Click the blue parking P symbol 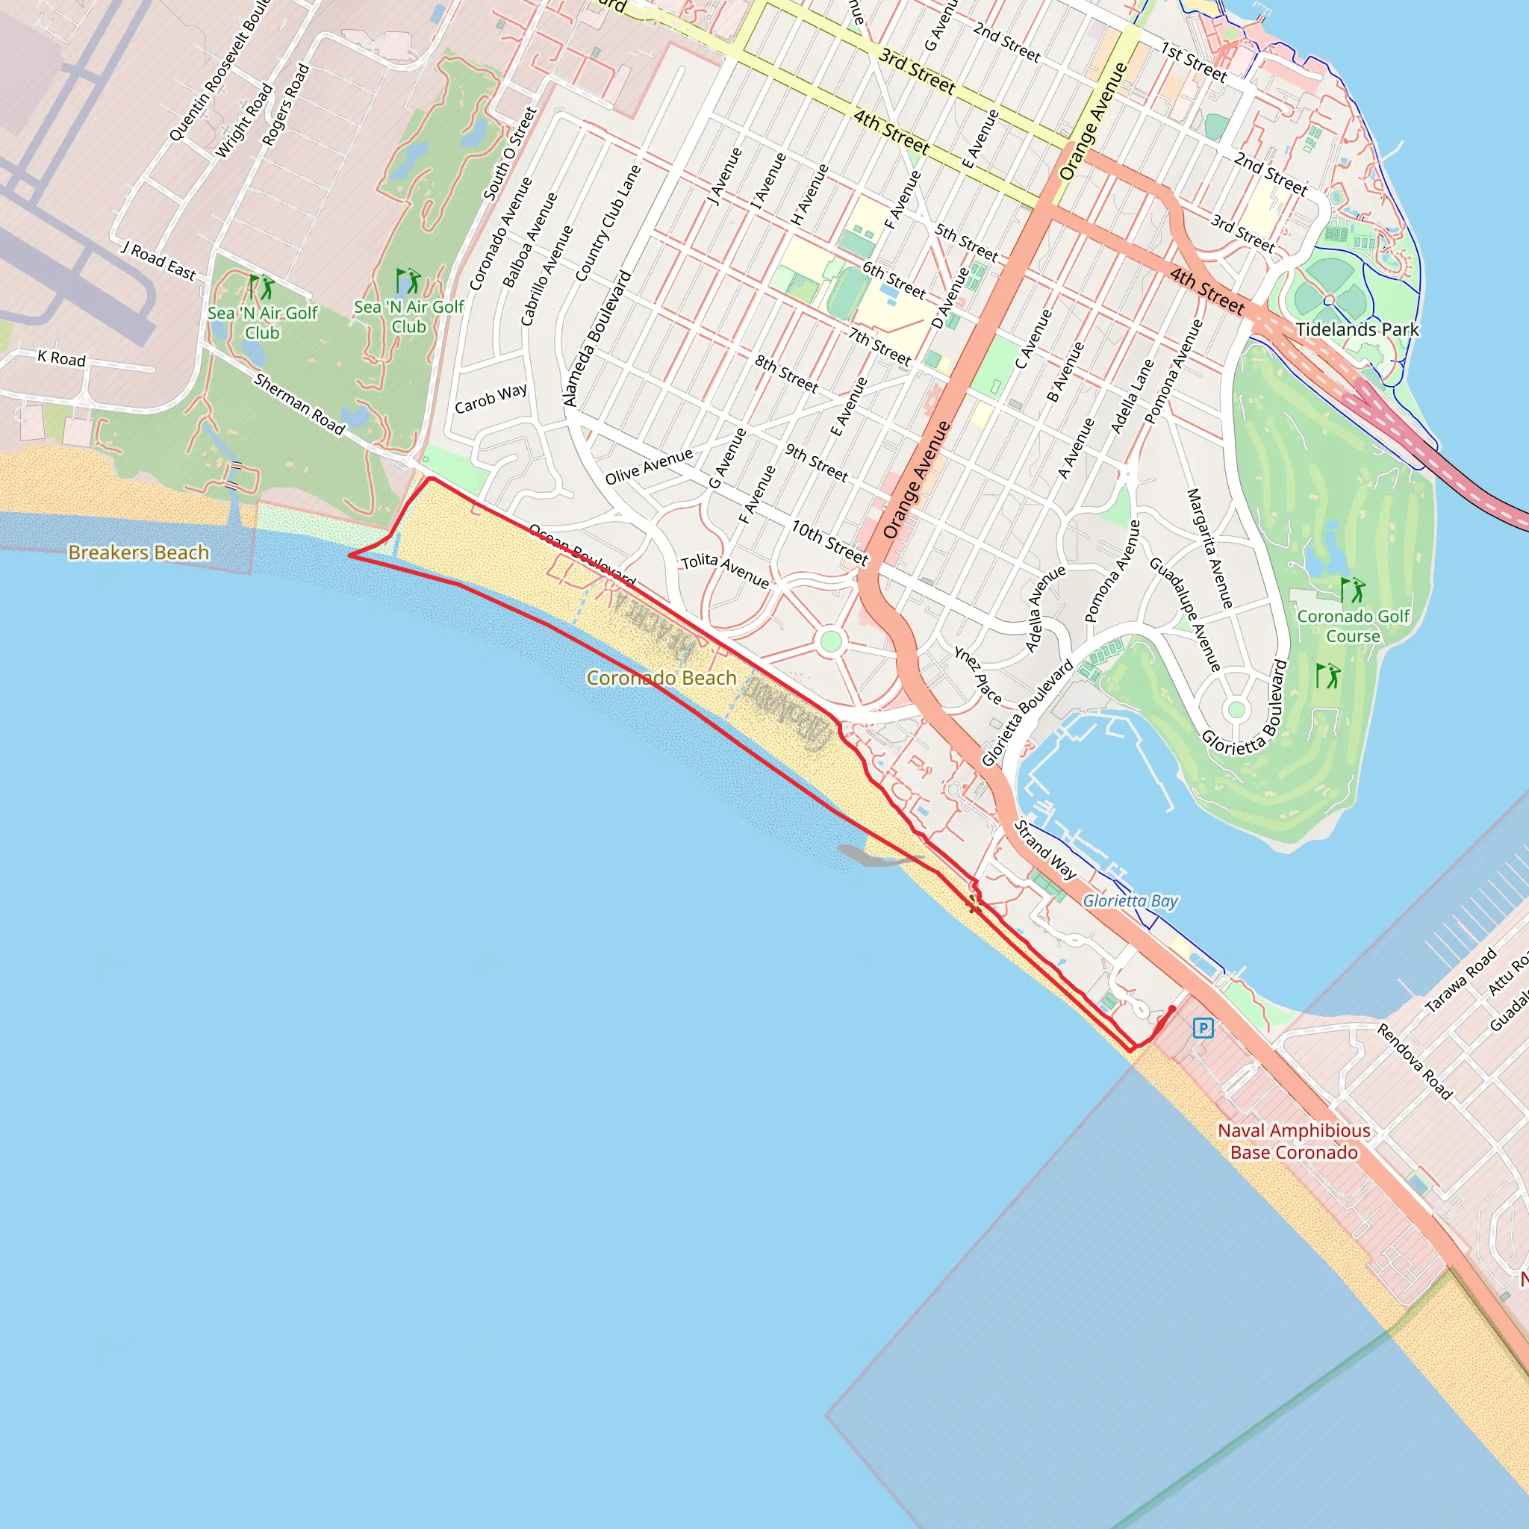[x=1203, y=1028]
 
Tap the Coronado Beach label [x=661, y=678]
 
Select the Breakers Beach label [x=139, y=552]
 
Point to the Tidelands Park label [x=1357, y=330]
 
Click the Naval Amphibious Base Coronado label [x=1294, y=1142]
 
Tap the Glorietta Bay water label [x=1130, y=900]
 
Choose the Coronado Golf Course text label [x=1354, y=626]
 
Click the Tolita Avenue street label [x=725, y=570]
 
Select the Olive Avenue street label [x=649, y=466]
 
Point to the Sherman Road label [x=299, y=405]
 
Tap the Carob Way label [x=491, y=398]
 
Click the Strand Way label [x=1045, y=850]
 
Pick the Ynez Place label [x=978, y=675]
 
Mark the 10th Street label [x=830, y=543]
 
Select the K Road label [x=62, y=358]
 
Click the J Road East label [x=158, y=261]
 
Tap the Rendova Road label [x=1414, y=1062]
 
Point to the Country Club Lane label [x=608, y=223]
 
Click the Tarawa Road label [x=1461, y=980]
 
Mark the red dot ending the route [x=1172, y=1008]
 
